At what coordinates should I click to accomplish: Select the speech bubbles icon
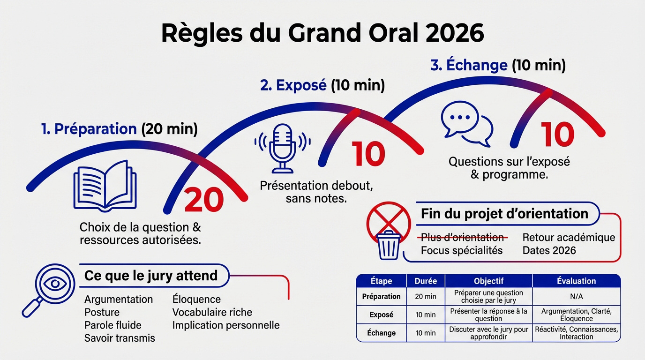point(467,123)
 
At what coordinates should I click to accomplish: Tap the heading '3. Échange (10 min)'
point(498,65)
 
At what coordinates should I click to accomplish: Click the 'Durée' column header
point(426,281)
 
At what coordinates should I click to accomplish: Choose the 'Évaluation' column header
point(576,281)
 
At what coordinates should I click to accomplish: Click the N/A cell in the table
point(576,296)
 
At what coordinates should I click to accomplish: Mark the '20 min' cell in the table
point(426,296)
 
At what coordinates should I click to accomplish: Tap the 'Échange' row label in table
point(382,333)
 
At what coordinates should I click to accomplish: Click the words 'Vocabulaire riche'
point(212,312)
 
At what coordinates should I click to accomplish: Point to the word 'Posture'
point(102,312)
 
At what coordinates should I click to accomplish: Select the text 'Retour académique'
point(569,237)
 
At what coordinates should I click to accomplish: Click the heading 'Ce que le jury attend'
point(150,275)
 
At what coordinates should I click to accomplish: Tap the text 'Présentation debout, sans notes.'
point(316,192)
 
